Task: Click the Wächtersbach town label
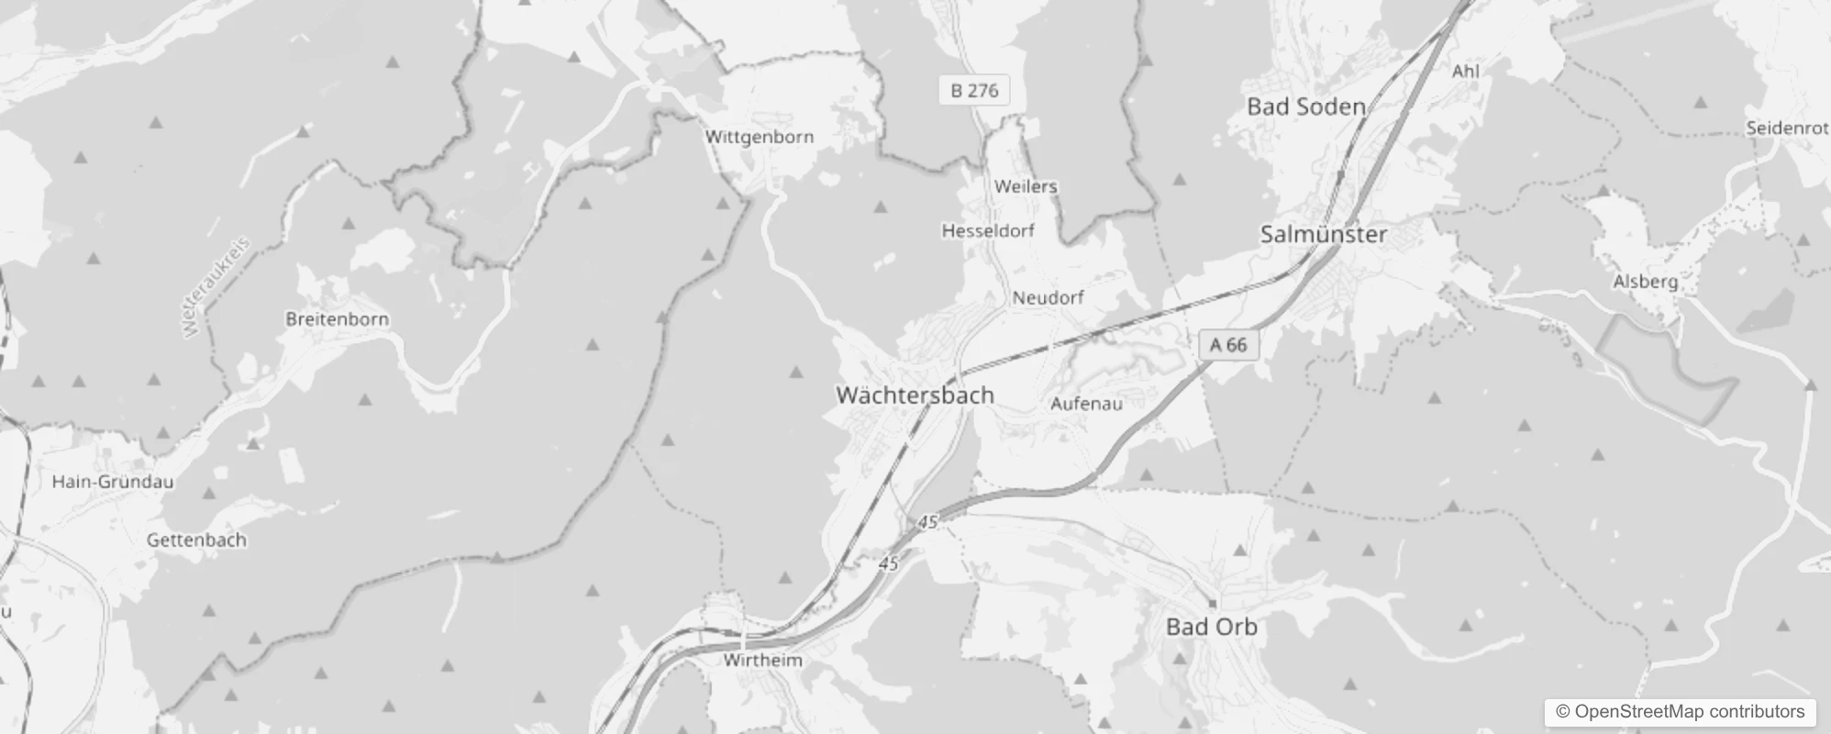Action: (915, 395)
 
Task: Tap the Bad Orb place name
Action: (1211, 628)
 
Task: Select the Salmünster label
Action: (1323, 235)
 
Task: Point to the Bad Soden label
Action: (1305, 107)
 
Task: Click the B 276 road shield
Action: (974, 90)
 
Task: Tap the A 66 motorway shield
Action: (1228, 345)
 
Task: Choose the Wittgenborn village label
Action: (759, 138)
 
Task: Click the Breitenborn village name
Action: (337, 319)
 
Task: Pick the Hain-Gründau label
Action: (112, 482)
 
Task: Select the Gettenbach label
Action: (196, 540)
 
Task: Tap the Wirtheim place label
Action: (762, 661)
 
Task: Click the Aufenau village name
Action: (1086, 404)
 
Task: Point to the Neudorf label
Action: (1048, 298)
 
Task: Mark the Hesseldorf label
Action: (988, 231)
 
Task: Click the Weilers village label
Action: (1026, 186)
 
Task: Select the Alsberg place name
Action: (1645, 282)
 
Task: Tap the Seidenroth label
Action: (1787, 128)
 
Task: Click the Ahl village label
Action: (1466, 71)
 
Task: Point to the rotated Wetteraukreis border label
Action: (216, 288)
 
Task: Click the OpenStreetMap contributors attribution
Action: (1680, 712)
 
